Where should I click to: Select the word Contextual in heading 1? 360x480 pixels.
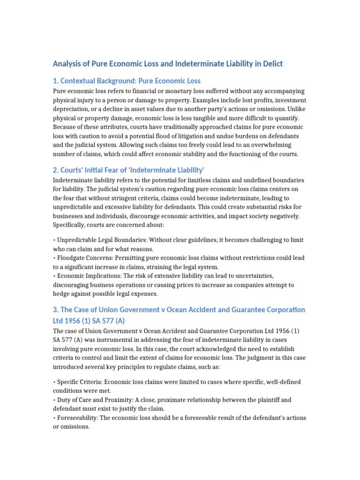(82, 81)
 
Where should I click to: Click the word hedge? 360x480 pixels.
(63, 293)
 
